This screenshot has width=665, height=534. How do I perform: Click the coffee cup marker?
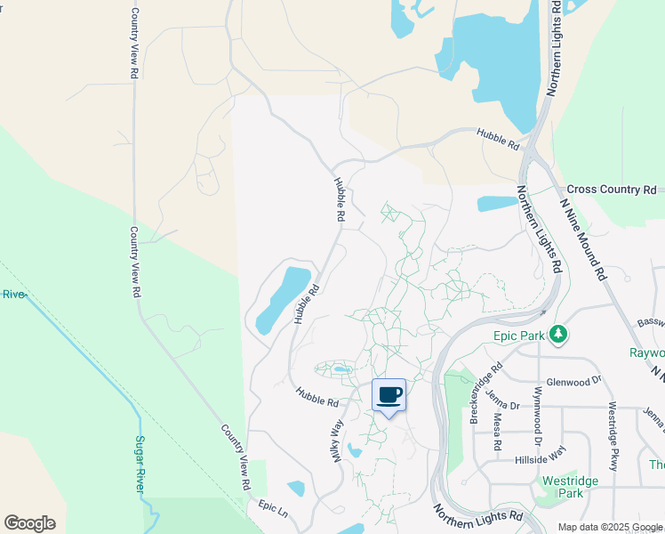(389, 395)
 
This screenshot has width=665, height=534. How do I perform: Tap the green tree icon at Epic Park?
(558, 334)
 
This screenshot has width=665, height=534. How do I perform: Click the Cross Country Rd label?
(611, 190)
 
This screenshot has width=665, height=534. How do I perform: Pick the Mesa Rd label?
(496, 432)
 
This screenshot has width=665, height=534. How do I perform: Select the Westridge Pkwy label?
(613, 436)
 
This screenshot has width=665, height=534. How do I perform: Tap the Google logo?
(29, 523)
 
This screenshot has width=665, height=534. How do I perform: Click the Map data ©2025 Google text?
(610, 527)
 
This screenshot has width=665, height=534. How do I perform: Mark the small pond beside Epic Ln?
(296, 488)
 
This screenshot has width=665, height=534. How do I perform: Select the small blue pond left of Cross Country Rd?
(497, 204)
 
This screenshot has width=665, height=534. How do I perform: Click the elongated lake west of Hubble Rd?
(283, 297)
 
